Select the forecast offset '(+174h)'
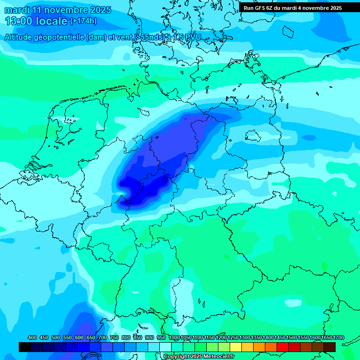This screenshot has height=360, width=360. point(83,21)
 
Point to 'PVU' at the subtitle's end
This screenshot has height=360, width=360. point(192,37)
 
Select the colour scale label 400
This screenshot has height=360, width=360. point(32,337)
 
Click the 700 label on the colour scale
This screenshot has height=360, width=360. point(102,337)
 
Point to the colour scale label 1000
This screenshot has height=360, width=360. point(174,337)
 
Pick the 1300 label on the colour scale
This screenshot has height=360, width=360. point(245,337)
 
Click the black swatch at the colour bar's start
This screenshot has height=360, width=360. point(25,347)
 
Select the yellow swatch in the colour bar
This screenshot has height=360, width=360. point(236,347)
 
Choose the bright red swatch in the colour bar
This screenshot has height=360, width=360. point(283,347)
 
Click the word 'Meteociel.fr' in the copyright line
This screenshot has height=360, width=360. point(217,357)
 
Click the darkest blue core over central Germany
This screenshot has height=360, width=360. point(141,185)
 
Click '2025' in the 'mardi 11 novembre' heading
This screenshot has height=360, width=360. point(100,10)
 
